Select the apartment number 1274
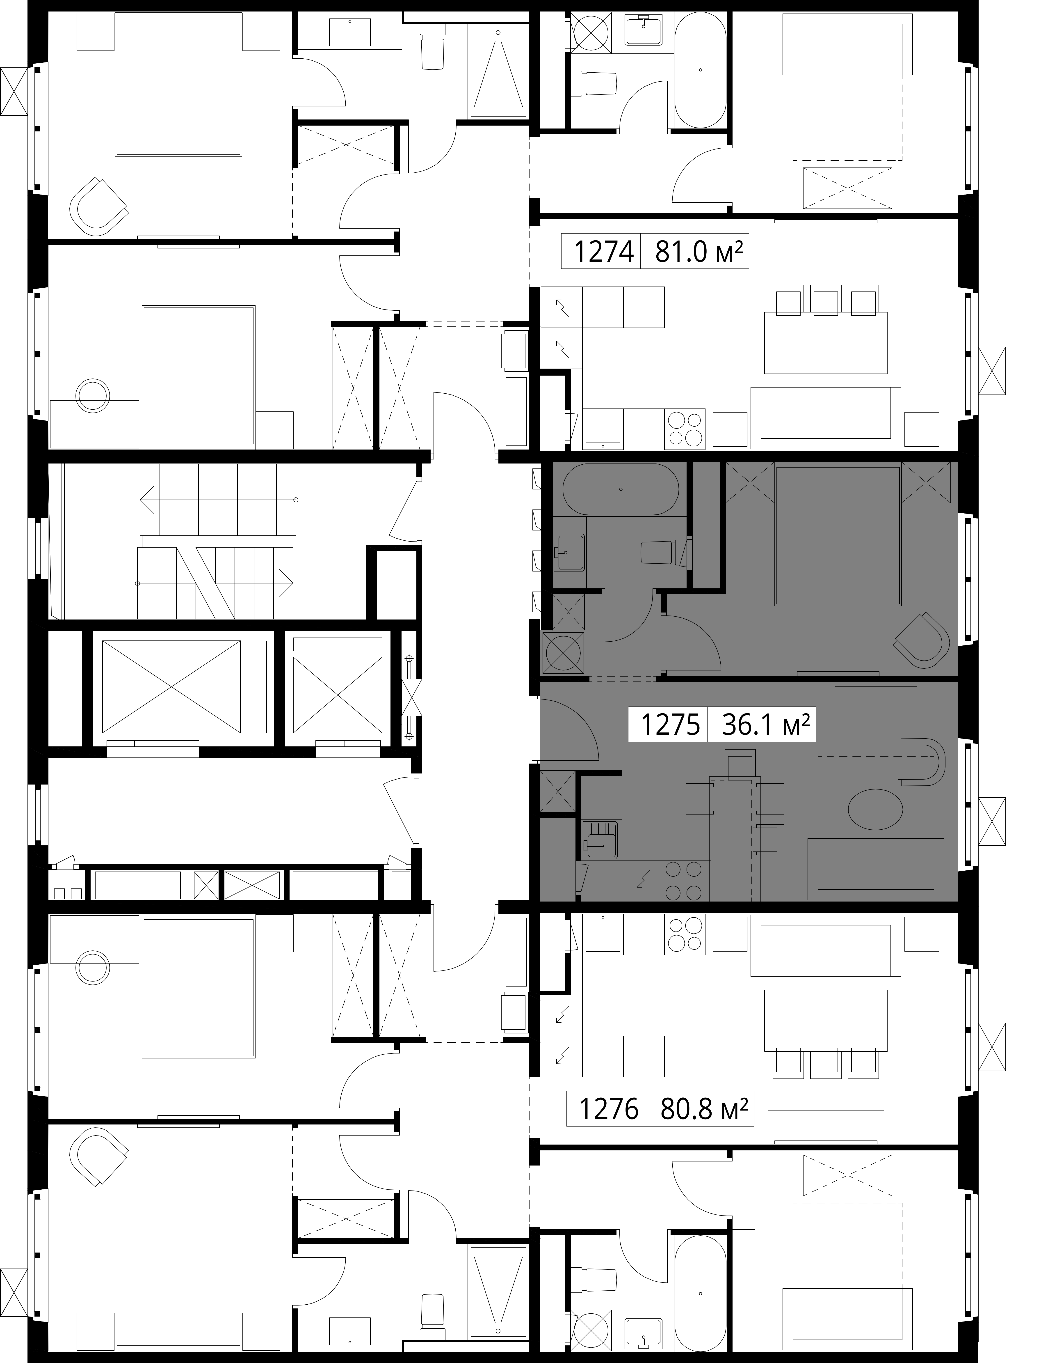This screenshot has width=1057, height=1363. pyautogui.click(x=603, y=252)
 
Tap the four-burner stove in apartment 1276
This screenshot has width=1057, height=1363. pyautogui.click(x=685, y=934)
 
